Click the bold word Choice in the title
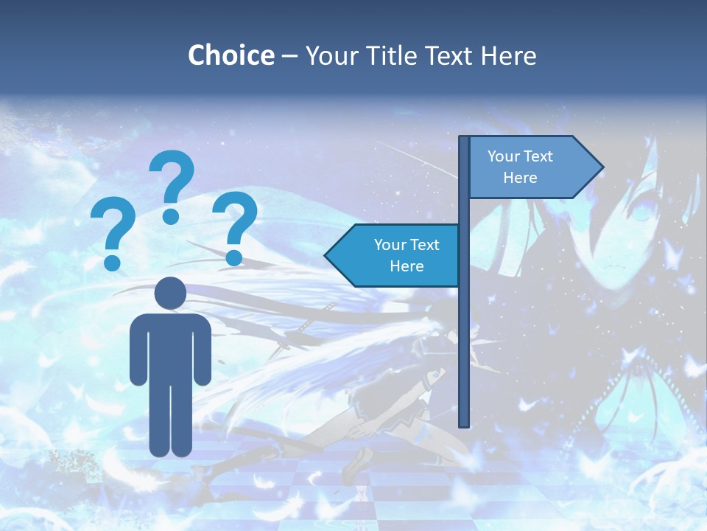pos(231,55)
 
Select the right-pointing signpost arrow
pos(530,167)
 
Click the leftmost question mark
pos(113,229)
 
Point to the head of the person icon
pos(170,294)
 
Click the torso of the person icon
pos(170,347)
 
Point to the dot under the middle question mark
pos(171,216)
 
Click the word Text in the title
pos(452,55)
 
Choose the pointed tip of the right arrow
pos(602,167)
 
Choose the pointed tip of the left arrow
pos(326,255)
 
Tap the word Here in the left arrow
pos(407,265)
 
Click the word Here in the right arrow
pos(520,178)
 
